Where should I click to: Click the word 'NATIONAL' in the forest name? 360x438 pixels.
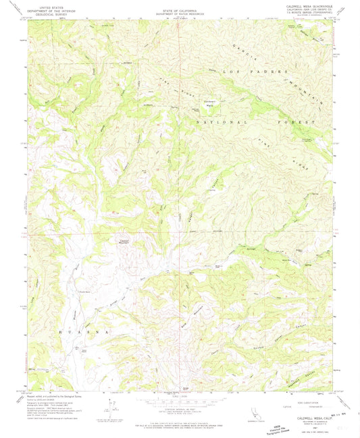(x=216, y=124)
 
